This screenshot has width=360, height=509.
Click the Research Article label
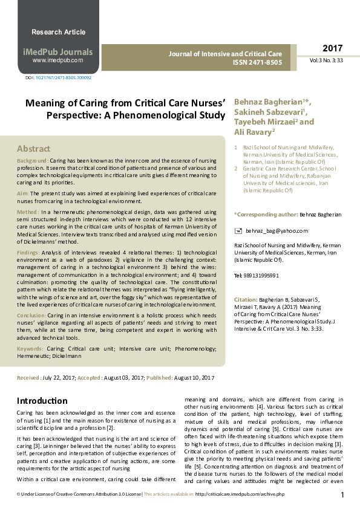pos(58,32)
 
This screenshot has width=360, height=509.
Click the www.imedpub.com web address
pos(58,61)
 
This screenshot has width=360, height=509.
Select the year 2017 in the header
pos(332,48)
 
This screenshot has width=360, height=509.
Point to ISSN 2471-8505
pos(258,62)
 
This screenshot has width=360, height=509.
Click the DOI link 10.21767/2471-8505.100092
pos(63,79)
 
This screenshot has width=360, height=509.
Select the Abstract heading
pos(34,149)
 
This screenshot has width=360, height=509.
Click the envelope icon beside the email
pos(238,230)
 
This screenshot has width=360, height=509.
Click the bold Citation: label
pos(246,300)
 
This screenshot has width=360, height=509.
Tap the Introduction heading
pos(42,401)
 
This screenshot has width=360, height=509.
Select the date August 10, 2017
pos(195,377)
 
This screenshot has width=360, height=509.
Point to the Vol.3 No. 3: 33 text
pos(327,61)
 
